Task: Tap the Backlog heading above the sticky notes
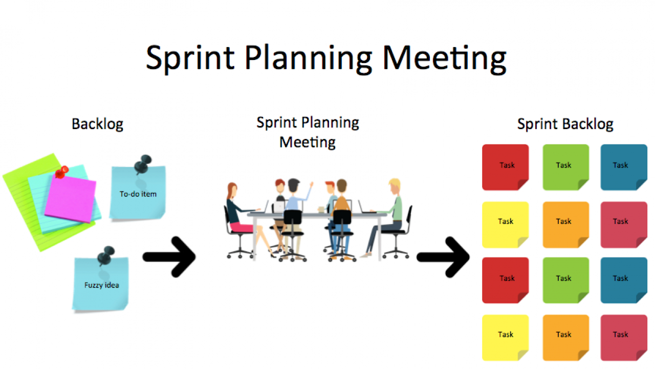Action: pos(97,124)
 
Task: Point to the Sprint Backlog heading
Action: pos(565,124)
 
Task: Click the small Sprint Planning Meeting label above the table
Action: pos(308,132)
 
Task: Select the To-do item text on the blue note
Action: pos(138,194)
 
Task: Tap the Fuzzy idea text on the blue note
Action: pos(101,285)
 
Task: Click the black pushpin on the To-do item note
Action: pos(143,164)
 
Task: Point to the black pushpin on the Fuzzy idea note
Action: pos(107,255)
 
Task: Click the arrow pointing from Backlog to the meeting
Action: pos(169,257)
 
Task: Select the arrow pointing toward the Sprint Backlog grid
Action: pos(443,257)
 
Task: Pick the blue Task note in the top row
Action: pos(623,167)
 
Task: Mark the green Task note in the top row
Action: pos(565,167)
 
